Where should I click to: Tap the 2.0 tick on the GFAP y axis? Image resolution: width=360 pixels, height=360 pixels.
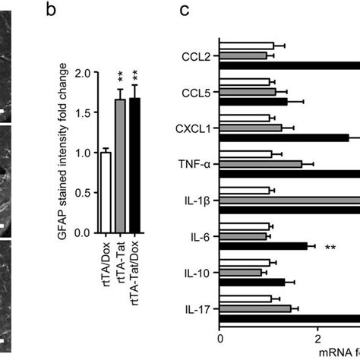88,73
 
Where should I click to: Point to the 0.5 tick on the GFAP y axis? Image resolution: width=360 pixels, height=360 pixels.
88,193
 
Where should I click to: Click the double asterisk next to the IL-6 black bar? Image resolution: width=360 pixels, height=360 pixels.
330,247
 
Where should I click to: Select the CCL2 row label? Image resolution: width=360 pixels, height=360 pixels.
201,55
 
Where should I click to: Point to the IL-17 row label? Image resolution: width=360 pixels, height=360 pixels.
201,309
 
